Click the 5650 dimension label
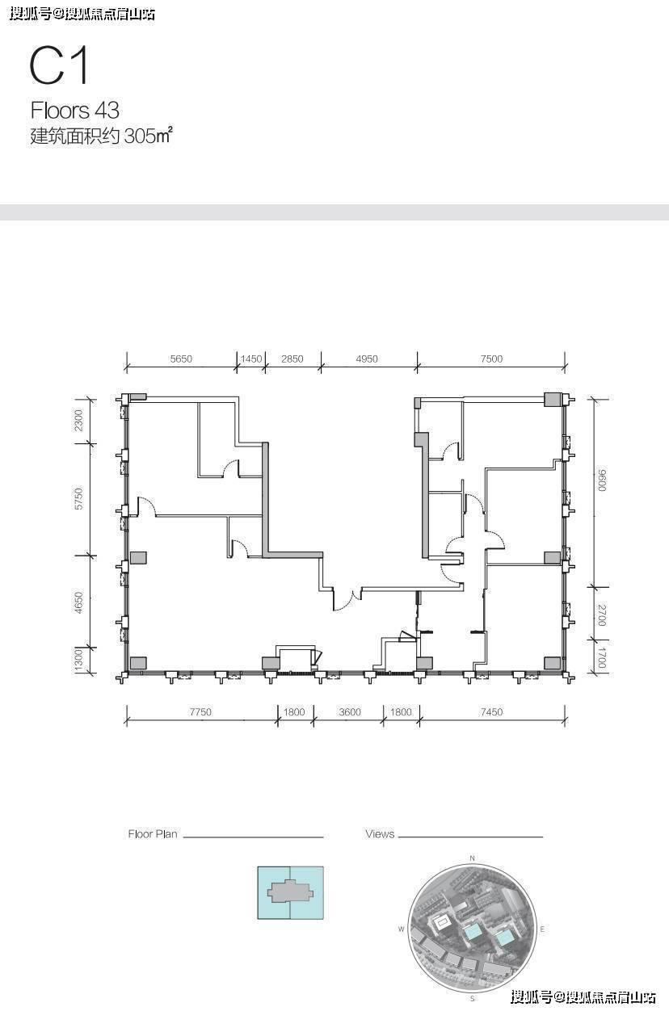click(x=181, y=359)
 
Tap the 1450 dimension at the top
click(x=251, y=359)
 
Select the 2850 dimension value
click(x=292, y=359)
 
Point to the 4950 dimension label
click(x=367, y=359)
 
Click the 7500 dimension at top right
click(x=491, y=359)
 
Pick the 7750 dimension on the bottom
click(x=200, y=711)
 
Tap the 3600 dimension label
click(x=350, y=711)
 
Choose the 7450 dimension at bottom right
click(x=491, y=711)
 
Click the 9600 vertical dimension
click(x=602, y=480)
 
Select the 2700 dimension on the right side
click(x=602, y=615)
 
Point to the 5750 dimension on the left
click(x=79, y=499)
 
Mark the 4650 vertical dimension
click(x=79, y=602)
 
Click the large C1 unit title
click(x=59, y=66)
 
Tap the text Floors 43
click(x=75, y=110)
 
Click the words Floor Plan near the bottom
click(x=153, y=834)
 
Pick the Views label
click(x=380, y=834)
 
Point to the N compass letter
click(x=473, y=858)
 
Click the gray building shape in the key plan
click(x=290, y=891)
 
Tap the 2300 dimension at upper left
click(x=79, y=420)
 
